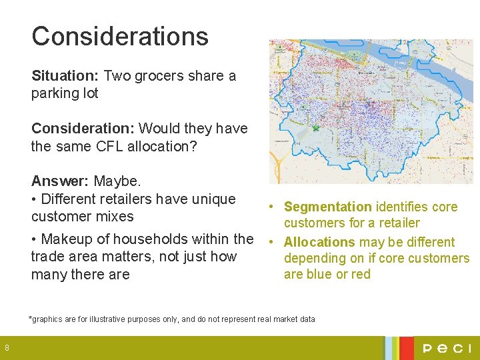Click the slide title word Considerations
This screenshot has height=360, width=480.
tap(120, 36)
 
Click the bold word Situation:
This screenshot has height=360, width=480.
tap(65, 76)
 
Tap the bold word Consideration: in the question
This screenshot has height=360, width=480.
tap(83, 128)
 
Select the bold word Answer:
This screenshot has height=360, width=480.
tap(61, 181)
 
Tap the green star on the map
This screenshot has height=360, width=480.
tap(316, 127)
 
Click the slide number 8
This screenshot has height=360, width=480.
tap(7, 347)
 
